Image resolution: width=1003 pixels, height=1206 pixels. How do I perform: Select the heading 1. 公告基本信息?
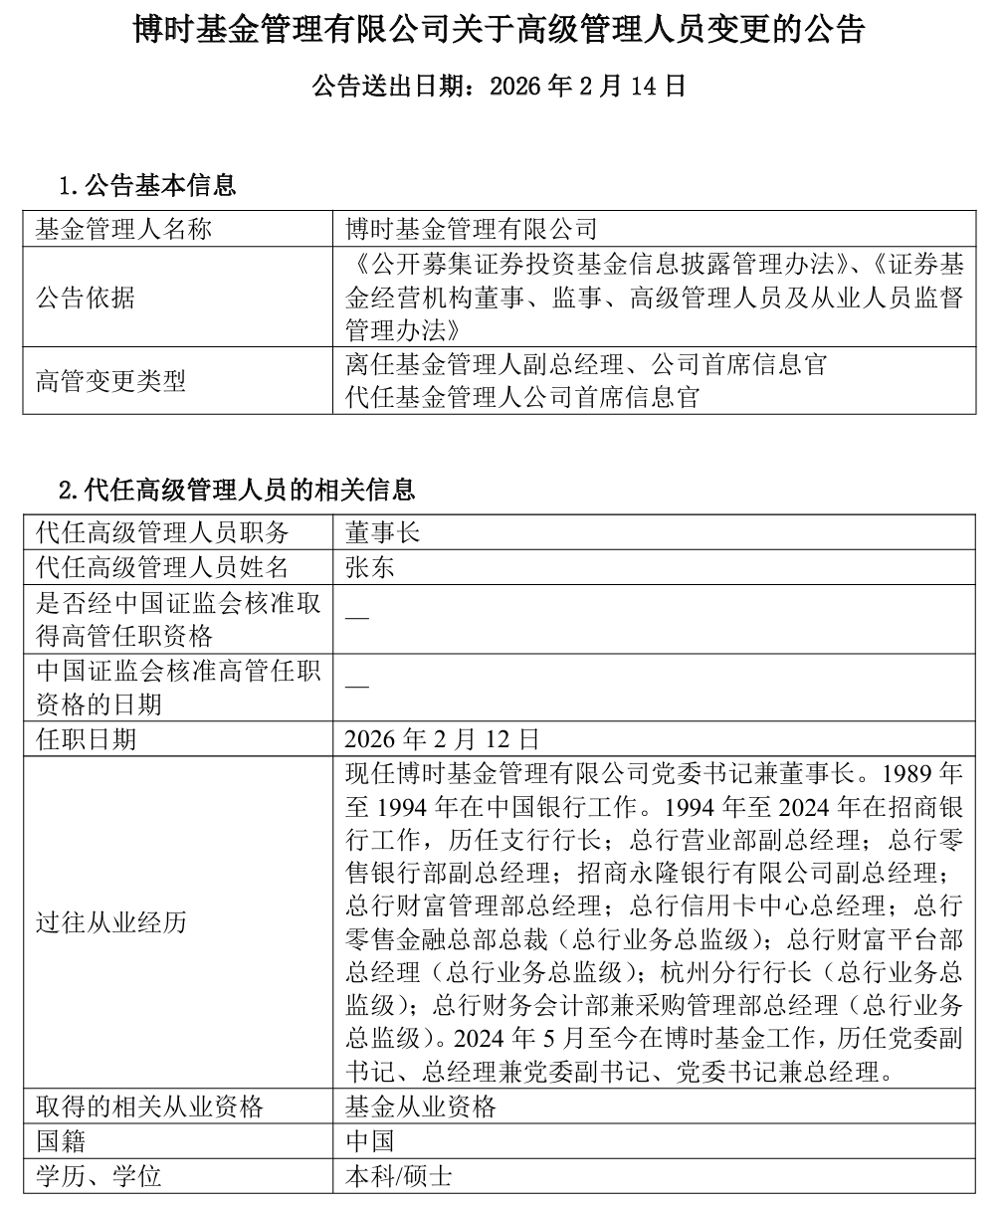[146, 185]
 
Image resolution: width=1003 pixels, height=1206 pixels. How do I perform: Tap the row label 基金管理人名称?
[123, 230]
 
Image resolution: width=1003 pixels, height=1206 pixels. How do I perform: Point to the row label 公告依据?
[86, 298]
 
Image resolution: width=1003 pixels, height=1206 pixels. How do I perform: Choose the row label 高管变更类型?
[110, 381]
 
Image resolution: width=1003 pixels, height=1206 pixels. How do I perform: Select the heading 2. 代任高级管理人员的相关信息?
[237, 490]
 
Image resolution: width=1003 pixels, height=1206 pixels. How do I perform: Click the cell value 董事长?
[382, 532]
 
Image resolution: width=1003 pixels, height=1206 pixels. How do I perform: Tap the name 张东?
[369, 567]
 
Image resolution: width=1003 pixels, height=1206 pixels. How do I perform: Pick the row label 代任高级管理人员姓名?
[161, 567]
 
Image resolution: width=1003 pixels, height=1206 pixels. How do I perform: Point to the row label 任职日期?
[86, 738]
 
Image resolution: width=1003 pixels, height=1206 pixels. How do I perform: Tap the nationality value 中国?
[369, 1140]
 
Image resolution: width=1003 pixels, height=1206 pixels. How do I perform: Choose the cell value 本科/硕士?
[398, 1176]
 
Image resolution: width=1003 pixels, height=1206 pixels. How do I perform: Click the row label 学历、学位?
[98, 1176]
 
